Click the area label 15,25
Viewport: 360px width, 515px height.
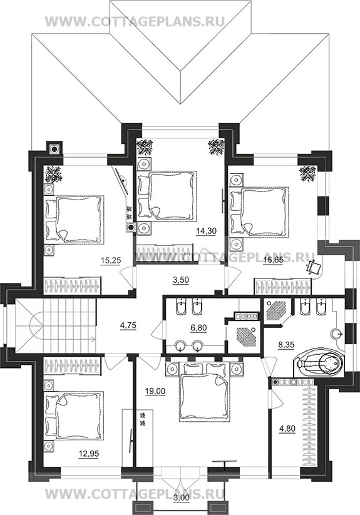pos(111,260)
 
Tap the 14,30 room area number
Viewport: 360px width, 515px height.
pos(206,231)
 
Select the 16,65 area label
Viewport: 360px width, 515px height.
pos(273,260)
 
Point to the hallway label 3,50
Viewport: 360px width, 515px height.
pos(181,280)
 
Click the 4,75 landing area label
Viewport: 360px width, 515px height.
pos(128,326)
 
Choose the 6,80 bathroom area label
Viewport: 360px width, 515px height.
pos(198,327)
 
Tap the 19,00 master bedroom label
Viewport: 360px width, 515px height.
pos(155,391)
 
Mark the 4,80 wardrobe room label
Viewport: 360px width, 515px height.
pos(287,428)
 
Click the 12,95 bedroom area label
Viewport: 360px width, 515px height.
pos(89,454)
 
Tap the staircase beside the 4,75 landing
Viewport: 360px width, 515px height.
pos(56,325)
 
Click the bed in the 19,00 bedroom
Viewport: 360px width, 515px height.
pos(205,391)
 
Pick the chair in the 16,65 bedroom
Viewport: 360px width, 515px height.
pos(314,267)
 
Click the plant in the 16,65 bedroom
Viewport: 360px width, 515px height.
pos(307,173)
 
